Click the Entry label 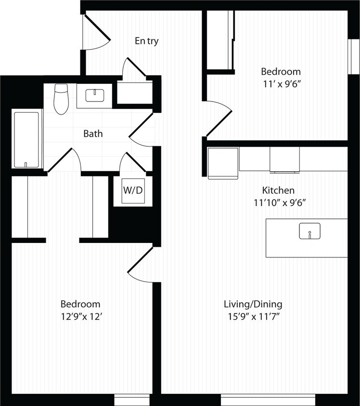click(x=146, y=41)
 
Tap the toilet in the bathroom click(x=61, y=99)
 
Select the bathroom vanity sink click(x=95, y=95)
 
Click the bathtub click(x=26, y=140)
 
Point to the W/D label click(x=133, y=190)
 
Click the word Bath click(x=93, y=134)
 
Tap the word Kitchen click(x=278, y=190)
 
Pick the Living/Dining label click(x=253, y=304)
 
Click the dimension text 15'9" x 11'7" click(x=253, y=317)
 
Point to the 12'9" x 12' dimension click(x=80, y=317)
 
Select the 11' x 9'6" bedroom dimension click(x=281, y=84)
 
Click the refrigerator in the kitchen click(x=223, y=163)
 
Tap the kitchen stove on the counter click(x=284, y=159)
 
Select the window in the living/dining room click(x=268, y=400)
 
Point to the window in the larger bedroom click(x=133, y=400)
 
